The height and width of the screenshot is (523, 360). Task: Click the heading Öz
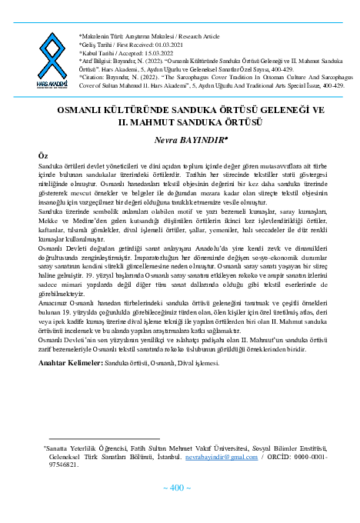(x=43, y=155)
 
